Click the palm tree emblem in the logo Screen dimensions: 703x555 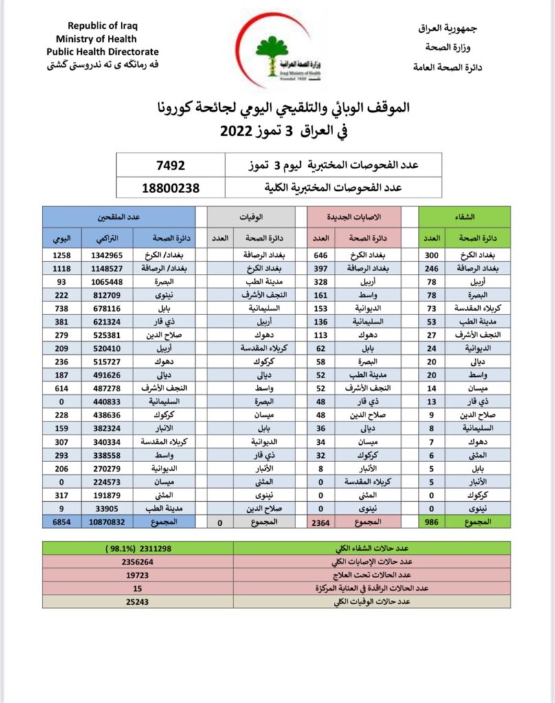pyautogui.click(x=273, y=50)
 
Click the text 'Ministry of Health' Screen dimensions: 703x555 pyautogui.click(x=96, y=38)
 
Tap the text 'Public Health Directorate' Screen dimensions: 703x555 pyautogui.click(x=102, y=51)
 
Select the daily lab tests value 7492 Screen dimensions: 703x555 pyautogui.click(x=172, y=165)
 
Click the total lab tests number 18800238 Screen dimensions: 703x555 pyautogui.click(x=172, y=186)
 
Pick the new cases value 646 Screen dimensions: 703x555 pyautogui.click(x=321, y=255)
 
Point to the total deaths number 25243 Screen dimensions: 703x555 pyautogui.click(x=138, y=602)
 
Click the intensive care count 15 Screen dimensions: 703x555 pyautogui.click(x=138, y=588)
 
